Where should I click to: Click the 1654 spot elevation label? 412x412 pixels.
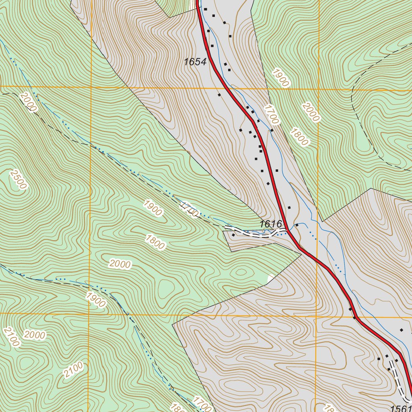pyautogui.click(x=195, y=62)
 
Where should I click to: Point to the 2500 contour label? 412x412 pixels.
pyautogui.click(x=18, y=179)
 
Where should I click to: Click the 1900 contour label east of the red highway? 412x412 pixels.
pyautogui.click(x=280, y=78)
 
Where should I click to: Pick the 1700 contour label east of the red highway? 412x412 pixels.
pyautogui.click(x=272, y=114)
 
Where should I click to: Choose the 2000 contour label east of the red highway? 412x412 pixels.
pyautogui.click(x=311, y=112)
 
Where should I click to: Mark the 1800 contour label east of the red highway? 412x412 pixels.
pyautogui.click(x=299, y=137)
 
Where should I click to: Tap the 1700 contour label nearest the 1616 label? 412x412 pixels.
pyautogui.click(x=189, y=209)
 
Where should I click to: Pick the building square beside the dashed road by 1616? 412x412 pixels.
pyautogui.click(x=233, y=235)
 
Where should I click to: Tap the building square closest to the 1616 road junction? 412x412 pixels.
pyautogui.click(x=297, y=225)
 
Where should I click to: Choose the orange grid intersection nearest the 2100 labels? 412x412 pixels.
pyautogui.click(x=89, y=313)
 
